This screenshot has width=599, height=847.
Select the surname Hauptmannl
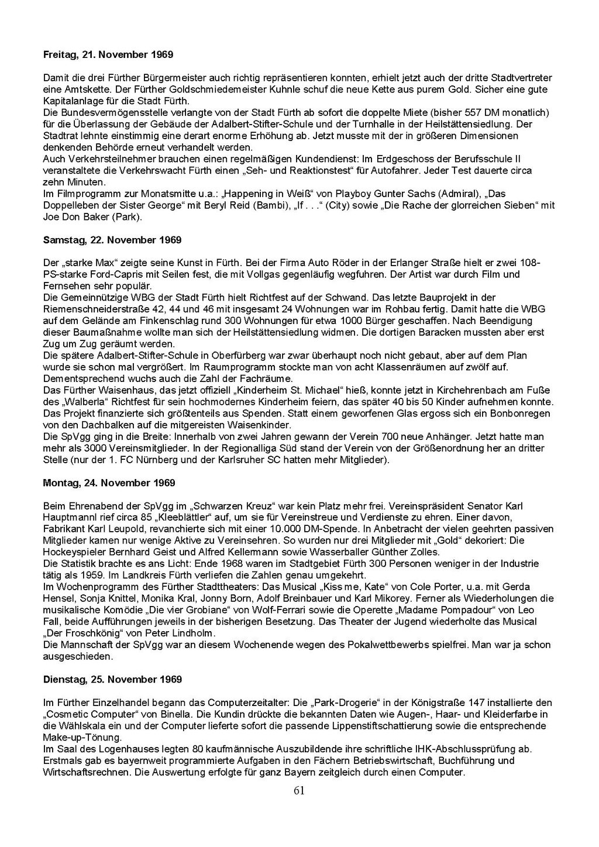click(x=70, y=518)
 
